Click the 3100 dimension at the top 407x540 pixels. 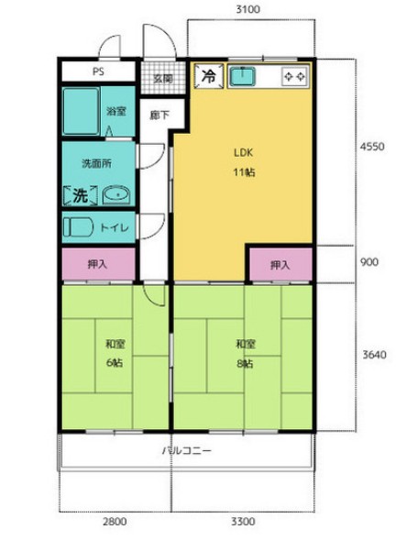coord(247,9)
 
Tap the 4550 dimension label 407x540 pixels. coord(372,147)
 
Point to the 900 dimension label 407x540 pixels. coord(369,262)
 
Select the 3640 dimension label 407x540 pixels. coord(374,355)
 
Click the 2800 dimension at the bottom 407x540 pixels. coord(115,522)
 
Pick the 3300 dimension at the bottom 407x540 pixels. coord(243,522)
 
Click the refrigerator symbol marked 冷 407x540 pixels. coord(209,76)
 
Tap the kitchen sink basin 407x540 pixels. coord(243,76)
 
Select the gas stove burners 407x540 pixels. coord(294,76)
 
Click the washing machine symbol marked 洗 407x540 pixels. coord(81,196)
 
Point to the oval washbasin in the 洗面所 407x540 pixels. coord(116,195)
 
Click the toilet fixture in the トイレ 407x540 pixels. coord(79,227)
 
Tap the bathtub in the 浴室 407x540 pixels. coord(82,111)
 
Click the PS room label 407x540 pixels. coord(98,72)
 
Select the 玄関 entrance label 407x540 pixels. coord(163,79)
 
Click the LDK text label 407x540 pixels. coord(244,152)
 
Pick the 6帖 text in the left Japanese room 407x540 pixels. coord(115,363)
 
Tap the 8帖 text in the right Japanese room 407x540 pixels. coord(245,363)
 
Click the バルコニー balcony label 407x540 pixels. coord(186,450)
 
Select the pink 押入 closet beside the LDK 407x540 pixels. coord(280,264)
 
